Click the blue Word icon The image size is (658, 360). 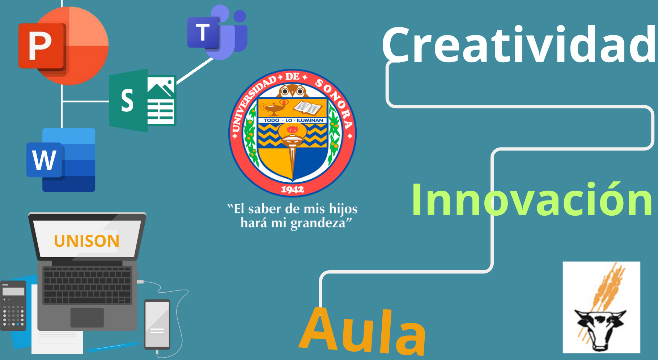point(61,160)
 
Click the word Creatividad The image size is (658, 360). point(519,45)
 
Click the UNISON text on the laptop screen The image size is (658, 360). point(86,241)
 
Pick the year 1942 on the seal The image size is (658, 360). point(292,189)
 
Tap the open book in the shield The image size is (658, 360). point(308,107)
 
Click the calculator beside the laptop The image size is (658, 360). point(13,306)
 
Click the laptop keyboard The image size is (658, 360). point(87,285)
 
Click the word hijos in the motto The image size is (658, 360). point(343,209)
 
